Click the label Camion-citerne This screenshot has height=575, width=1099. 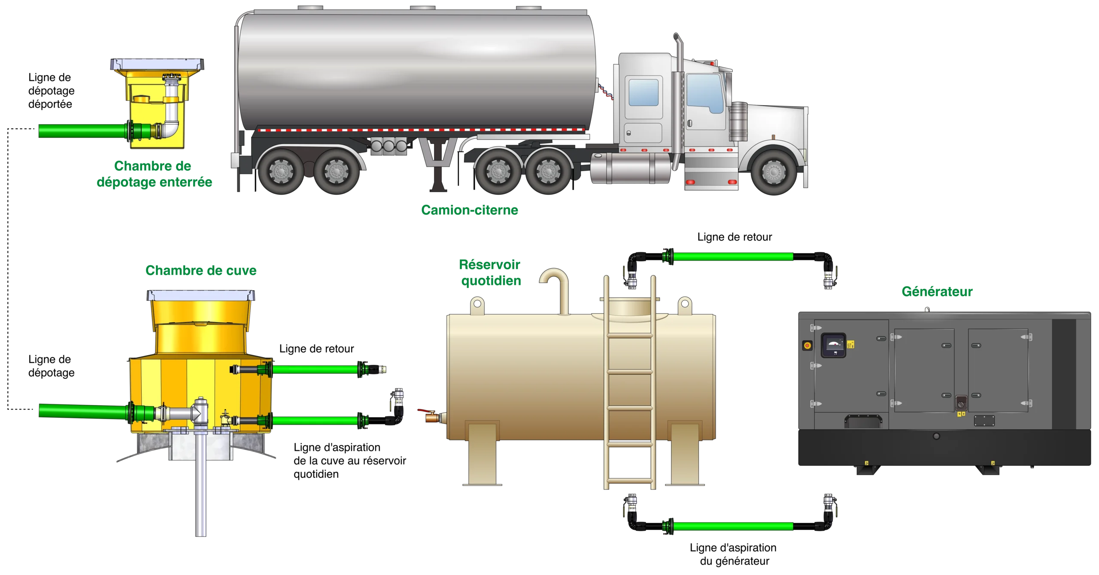(x=469, y=210)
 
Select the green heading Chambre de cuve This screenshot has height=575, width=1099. (x=201, y=270)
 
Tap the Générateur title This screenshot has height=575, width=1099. (x=937, y=291)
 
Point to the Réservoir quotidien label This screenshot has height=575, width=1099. (x=490, y=272)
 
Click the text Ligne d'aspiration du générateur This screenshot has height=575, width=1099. (x=733, y=554)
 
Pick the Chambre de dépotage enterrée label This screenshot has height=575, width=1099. (x=154, y=174)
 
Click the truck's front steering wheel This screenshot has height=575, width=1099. (x=774, y=171)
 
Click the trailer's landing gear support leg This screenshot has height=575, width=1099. (x=438, y=165)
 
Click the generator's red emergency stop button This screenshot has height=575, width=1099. (x=807, y=346)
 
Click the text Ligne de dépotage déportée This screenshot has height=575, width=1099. (x=51, y=91)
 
